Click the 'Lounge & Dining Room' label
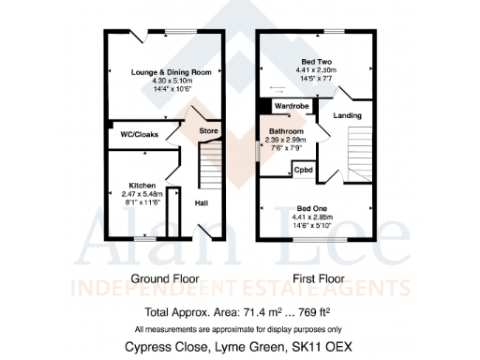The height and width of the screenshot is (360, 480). click(164, 71)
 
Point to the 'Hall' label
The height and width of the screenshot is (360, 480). click(202, 202)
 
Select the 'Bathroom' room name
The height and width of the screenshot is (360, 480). click(287, 130)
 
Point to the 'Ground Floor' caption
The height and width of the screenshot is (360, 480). click(162, 279)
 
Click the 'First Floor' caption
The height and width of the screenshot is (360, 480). click(316, 279)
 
